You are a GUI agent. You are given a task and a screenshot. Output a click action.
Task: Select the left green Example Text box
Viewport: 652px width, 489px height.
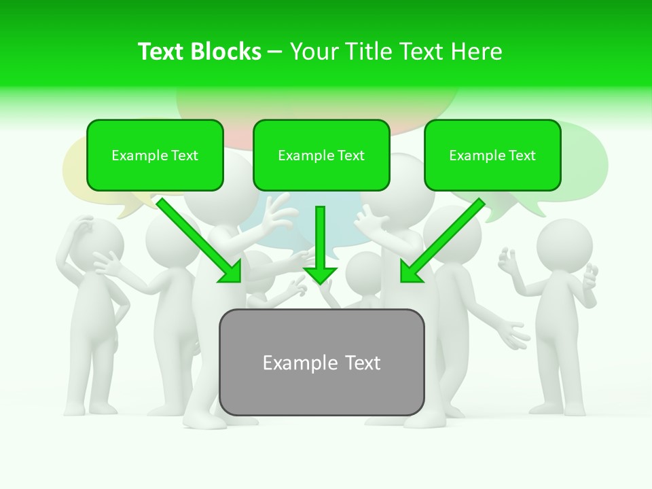pos(155,156)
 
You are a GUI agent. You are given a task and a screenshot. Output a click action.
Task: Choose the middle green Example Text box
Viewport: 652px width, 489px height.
pos(321,156)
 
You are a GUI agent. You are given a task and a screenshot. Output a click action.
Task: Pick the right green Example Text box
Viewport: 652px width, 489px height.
pos(492,156)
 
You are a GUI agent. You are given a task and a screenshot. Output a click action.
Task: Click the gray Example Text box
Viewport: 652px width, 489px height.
pos(321,362)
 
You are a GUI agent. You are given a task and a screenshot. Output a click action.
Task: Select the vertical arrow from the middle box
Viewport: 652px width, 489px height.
pos(321,241)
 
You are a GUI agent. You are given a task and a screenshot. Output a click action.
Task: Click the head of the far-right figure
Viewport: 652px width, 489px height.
pos(564,245)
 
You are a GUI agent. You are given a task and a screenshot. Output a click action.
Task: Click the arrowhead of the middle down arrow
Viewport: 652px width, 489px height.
pos(321,274)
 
